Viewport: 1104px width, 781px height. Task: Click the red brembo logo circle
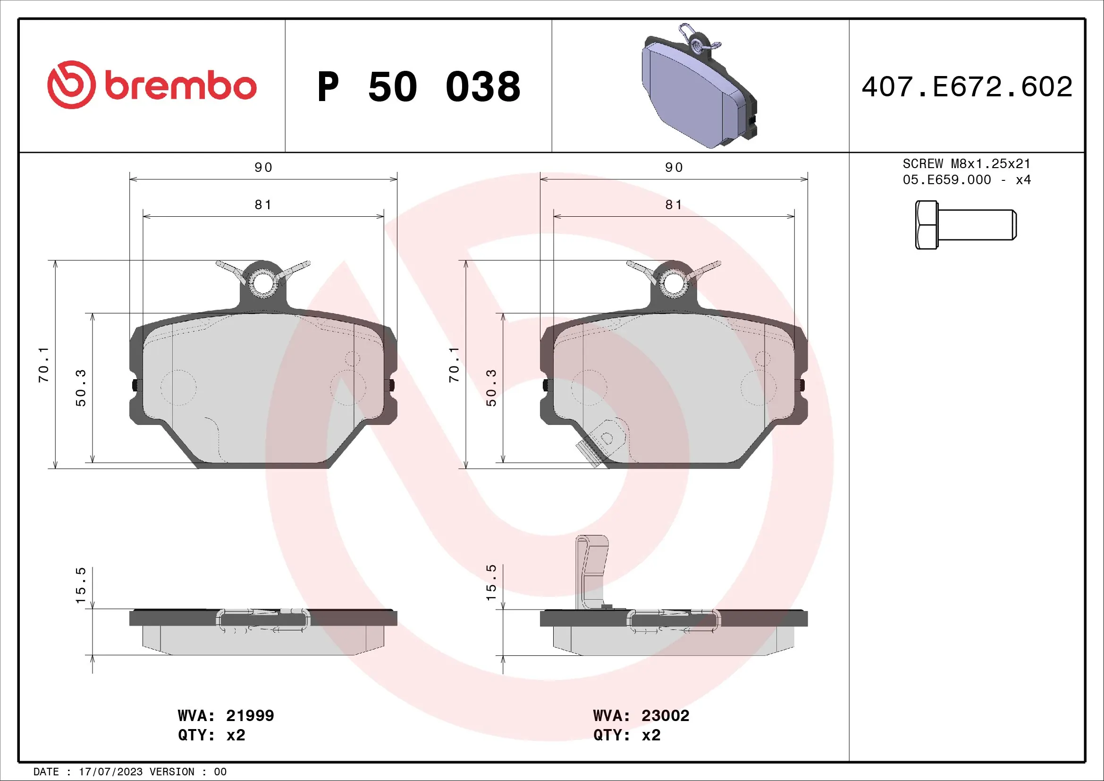tap(71, 85)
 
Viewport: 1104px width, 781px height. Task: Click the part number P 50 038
tap(418, 87)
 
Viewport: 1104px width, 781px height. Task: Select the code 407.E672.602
tap(967, 87)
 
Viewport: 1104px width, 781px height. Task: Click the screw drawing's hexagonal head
tap(926, 225)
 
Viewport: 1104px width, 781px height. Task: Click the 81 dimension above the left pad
tap(263, 205)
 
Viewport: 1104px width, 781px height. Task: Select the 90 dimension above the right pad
tap(674, 167)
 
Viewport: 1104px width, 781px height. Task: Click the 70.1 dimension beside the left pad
tap(43, 365)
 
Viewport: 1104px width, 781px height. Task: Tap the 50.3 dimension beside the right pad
tap(491, 388)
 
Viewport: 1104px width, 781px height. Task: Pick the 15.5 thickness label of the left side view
tap(80, 585)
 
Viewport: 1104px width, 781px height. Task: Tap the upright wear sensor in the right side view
tap(591, 572)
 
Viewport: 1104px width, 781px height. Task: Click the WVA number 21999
tap(250, 715)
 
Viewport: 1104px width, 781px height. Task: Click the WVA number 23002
tap(665, 715)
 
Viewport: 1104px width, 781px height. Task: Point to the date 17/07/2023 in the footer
tap(110, 772)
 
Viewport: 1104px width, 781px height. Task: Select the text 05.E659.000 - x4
tap(967, 180)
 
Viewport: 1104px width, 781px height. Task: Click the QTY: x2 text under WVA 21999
tap(211, 735)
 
